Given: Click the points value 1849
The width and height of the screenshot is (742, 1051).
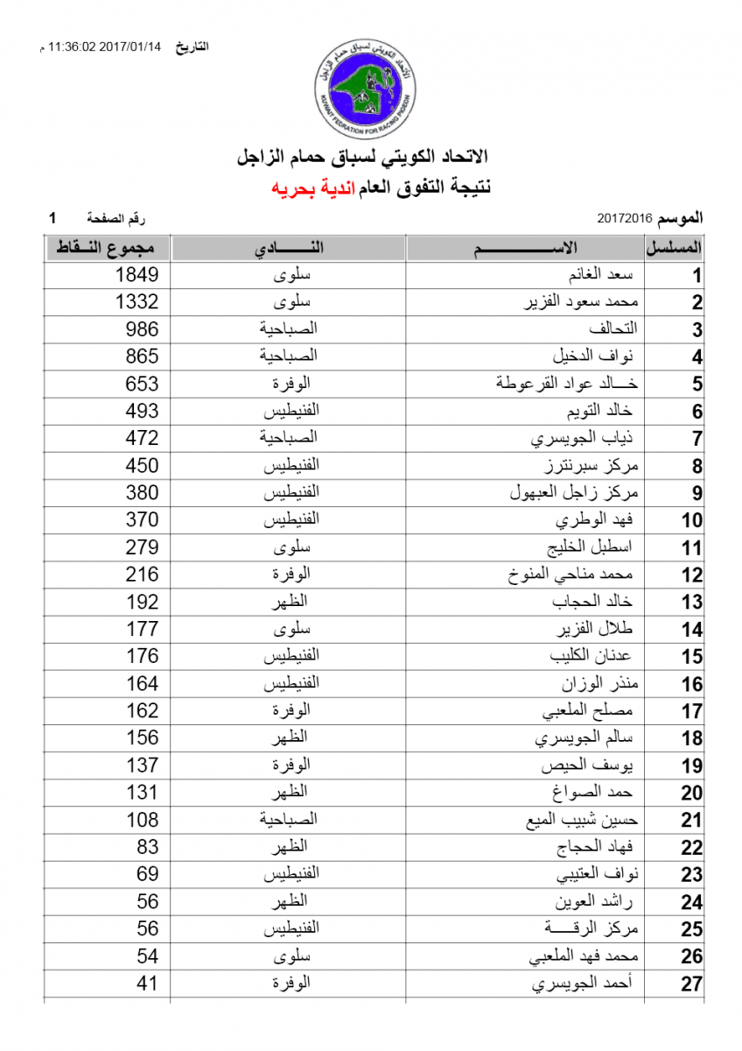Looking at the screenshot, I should point(137,275).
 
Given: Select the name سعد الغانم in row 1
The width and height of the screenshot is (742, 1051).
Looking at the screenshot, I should point(600,275).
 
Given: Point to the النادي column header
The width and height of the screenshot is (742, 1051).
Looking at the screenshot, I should point(289,249).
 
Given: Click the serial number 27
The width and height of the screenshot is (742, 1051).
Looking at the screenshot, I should point(691,984).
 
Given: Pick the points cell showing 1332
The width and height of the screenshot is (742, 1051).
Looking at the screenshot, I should point(137,302).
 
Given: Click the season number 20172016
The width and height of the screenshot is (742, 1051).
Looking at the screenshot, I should point(626,216).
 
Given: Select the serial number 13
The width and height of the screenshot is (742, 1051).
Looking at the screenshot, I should point(691,603).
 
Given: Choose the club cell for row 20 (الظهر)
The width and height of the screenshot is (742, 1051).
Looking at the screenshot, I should point(289,793).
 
